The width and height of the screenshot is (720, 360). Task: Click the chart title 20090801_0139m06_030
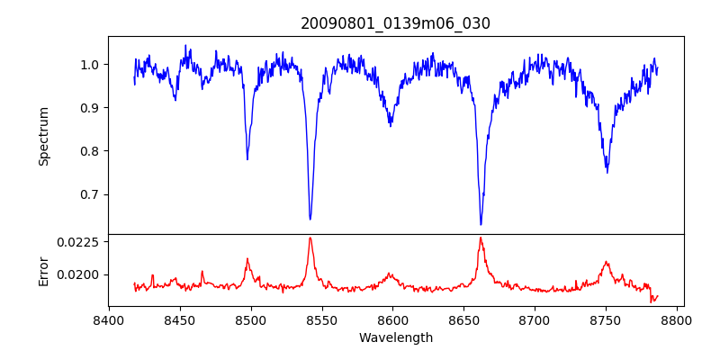click(x=395, y=24)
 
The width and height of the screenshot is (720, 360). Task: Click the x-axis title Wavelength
click(x=395, y=338)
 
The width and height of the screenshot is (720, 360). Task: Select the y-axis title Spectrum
click(x=43, y=135)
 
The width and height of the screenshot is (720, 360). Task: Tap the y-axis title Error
click(x=43, y=270)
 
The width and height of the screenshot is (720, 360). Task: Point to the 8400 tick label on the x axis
click(x=109, y=319)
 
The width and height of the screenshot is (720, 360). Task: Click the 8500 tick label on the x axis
click(x=251, y=319)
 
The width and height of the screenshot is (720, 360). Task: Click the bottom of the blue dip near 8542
click(x=310, y=219)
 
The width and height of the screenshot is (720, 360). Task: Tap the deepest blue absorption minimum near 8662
click(x=481, y=224)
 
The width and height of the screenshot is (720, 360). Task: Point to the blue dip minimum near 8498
click(x=247, y=159)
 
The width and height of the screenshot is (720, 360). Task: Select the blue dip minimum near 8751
click(x=607, y=172)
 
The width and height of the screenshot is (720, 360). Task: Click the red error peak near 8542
click(x=310, y=238)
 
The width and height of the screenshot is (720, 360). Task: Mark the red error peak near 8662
click(x=481, y=238)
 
